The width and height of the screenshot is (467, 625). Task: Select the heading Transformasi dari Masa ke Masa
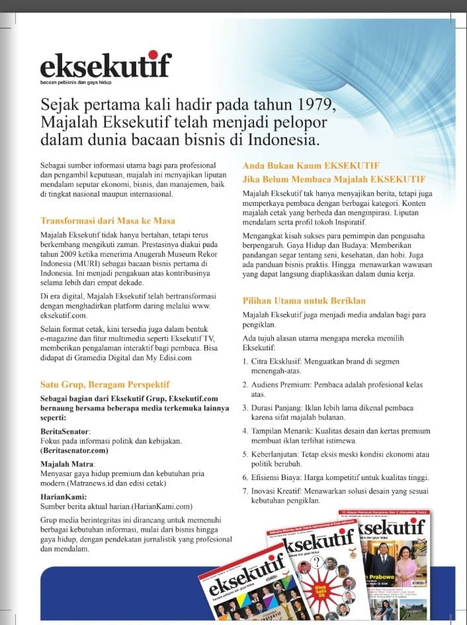click(108, 220)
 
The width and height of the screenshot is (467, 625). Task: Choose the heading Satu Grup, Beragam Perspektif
click(105, 384)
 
